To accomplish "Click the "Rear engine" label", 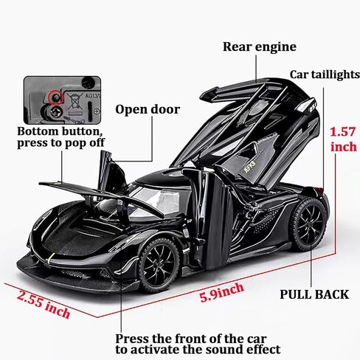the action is [260, 47].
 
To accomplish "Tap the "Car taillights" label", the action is [325, 75].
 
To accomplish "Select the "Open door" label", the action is [148, 109].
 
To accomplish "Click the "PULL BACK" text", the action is [314, 294].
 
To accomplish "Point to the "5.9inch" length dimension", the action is [221, 292].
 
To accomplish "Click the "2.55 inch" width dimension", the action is [44, 305].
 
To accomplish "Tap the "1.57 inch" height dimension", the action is [343, 139].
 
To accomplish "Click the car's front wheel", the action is [159, 264].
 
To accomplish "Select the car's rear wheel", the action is [309, 225].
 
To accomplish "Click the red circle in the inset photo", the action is [56, 97].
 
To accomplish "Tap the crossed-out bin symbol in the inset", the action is [75, 101].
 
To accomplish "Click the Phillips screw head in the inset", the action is [55, 113].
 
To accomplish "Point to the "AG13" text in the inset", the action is [92, 95].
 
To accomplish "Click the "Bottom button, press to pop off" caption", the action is [60, 137].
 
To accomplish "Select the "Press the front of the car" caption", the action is [191, 339].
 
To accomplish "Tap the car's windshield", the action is [157, 199].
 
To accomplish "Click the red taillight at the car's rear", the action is [320, 190].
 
